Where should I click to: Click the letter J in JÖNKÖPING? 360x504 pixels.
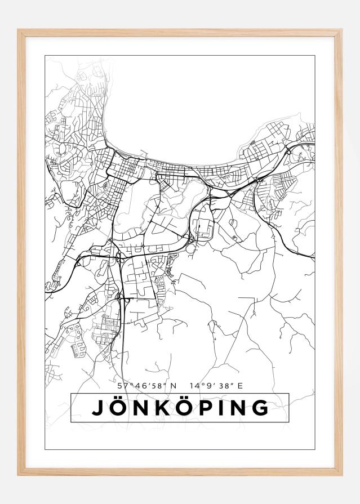[x=98, y=408]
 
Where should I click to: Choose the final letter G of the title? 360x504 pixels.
[x=260, y=408]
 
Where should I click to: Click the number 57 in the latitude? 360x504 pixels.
[x=122, y=386]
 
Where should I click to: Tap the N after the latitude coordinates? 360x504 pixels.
[x=174, y=386]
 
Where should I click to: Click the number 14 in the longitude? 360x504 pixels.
[x=194, y=386]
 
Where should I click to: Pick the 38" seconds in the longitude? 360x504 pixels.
[x=223, y=386]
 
